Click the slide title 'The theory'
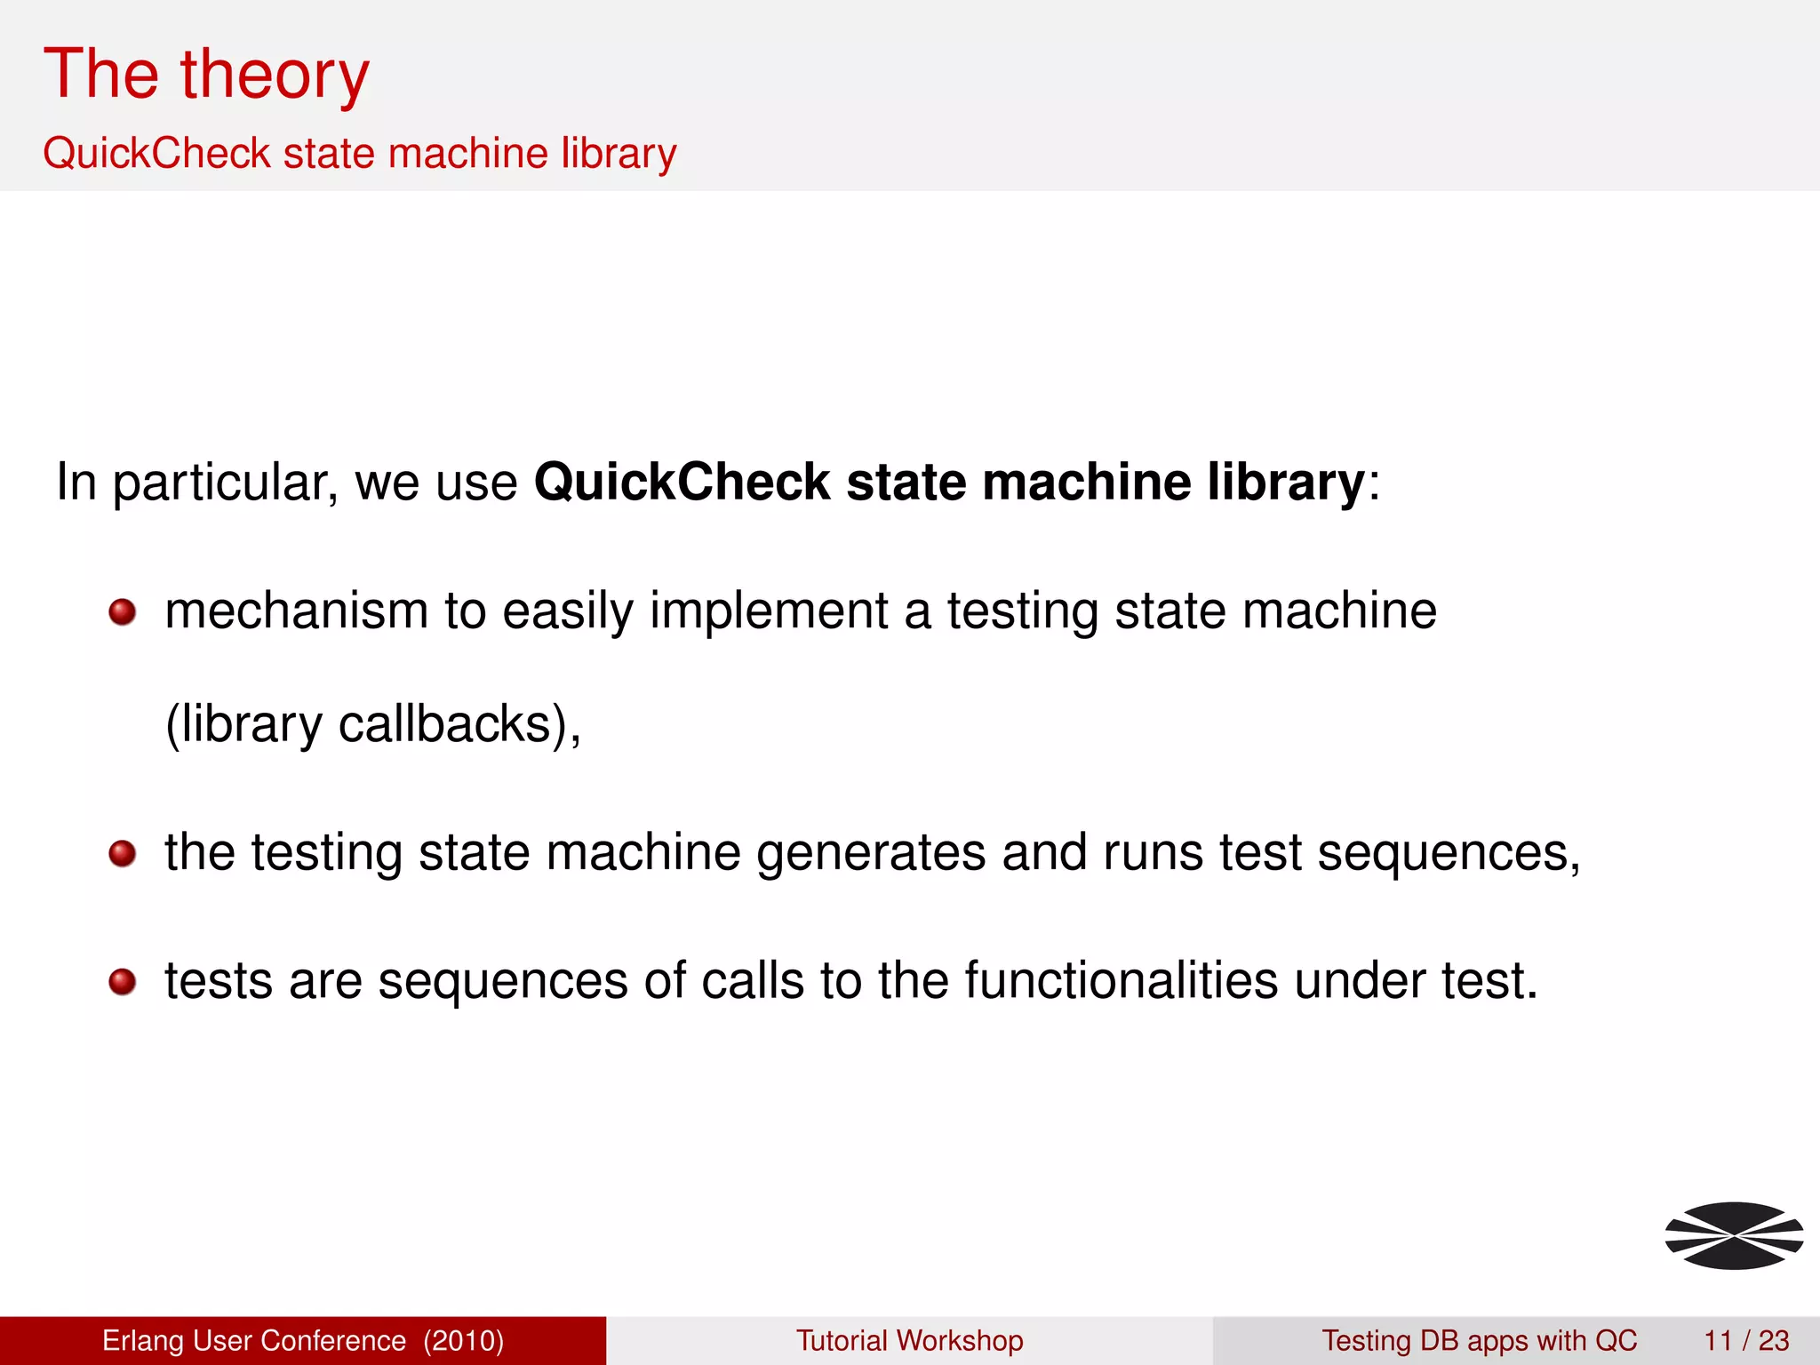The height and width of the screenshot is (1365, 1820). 206,75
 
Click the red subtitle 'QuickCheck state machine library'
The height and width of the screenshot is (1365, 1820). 359,153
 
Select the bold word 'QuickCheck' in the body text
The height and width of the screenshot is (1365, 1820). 682,483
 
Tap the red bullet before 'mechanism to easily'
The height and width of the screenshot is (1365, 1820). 122,612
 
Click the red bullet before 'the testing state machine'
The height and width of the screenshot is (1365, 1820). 122,854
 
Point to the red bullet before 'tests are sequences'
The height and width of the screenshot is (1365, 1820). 122,983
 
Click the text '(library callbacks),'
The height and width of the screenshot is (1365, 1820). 373,724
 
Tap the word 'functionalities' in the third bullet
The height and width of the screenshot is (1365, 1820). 1121,981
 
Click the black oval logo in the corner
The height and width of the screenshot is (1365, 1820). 1733,1235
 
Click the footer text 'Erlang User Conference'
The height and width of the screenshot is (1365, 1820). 253,1340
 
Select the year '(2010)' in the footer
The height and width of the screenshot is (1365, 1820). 463,1340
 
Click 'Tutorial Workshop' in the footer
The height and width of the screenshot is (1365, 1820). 909,1340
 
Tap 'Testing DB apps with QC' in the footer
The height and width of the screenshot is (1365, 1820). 1479,1340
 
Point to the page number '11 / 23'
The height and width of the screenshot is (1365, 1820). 1746,1340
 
